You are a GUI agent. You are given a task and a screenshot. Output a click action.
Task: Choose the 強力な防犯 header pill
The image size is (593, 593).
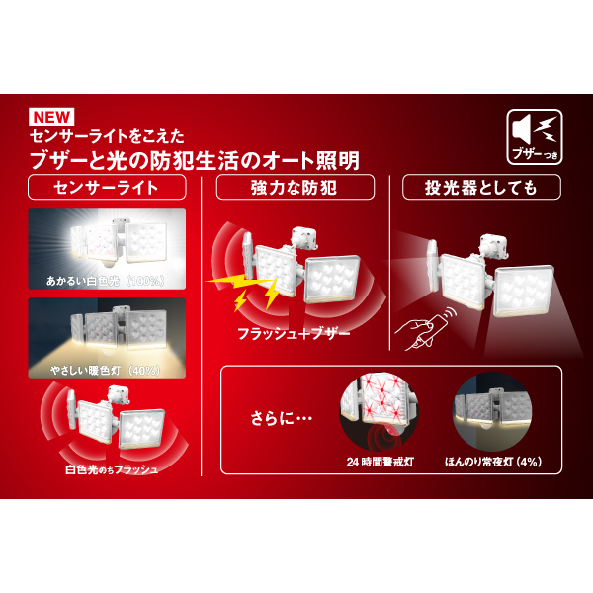296,187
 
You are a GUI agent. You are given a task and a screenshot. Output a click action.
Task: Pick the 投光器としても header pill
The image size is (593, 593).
481,187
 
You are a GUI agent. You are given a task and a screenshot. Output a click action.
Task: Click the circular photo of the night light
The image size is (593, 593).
490,414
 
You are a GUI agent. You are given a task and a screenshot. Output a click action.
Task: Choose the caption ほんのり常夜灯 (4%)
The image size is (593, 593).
491,462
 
